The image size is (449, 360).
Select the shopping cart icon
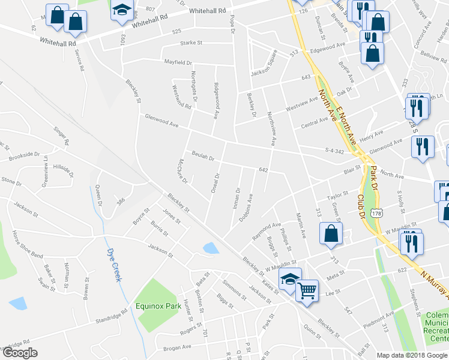(307, 290)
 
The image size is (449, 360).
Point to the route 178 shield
(376, 212)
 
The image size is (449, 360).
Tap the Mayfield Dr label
(178, 62)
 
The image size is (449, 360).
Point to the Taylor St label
(337, 196)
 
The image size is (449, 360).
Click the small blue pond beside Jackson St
(211, 247)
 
